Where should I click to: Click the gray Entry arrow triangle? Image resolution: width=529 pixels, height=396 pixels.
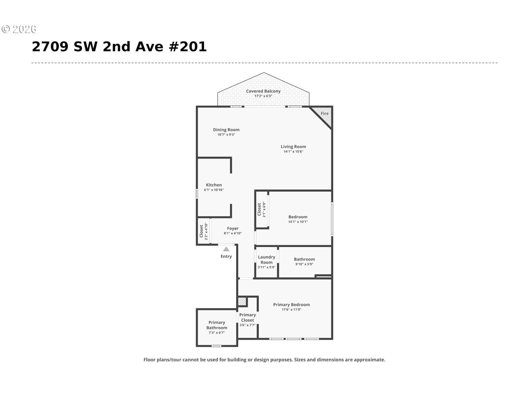226,249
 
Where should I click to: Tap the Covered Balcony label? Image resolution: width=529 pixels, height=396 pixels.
263,91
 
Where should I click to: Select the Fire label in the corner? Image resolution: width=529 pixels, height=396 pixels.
325,113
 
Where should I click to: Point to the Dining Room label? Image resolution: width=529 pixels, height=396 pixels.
226,130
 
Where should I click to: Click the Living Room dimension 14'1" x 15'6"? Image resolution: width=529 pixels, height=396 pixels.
293,152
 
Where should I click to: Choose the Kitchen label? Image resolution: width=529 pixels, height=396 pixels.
214,185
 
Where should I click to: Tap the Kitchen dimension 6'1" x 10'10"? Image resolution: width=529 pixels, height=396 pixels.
214,190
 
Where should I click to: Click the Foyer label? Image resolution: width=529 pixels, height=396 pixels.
233,228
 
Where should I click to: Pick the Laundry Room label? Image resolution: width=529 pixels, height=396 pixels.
267,260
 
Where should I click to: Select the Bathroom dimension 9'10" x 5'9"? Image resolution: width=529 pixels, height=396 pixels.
304,264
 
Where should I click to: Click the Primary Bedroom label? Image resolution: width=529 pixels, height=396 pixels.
291,305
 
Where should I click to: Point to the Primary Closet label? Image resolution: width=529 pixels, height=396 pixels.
247,317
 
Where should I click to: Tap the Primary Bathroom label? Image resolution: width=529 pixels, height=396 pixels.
217,325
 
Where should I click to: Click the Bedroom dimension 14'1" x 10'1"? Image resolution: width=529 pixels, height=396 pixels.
298,222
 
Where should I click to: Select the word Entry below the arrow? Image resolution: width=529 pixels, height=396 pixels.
226,256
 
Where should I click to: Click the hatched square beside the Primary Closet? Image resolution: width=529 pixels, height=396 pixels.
242,301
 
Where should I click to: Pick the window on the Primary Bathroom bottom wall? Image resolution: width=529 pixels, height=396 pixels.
216,346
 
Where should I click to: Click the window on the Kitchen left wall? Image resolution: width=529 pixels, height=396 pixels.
197,194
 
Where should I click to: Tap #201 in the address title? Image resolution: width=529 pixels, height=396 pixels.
188,47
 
